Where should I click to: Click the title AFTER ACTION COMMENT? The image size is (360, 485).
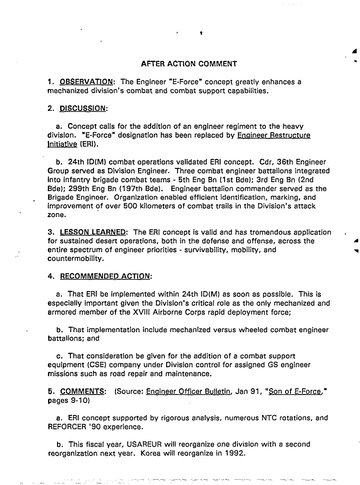pos(188,64)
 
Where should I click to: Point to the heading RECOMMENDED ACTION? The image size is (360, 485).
pos(106,276)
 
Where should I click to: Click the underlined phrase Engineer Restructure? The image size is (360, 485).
pos(274,135)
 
